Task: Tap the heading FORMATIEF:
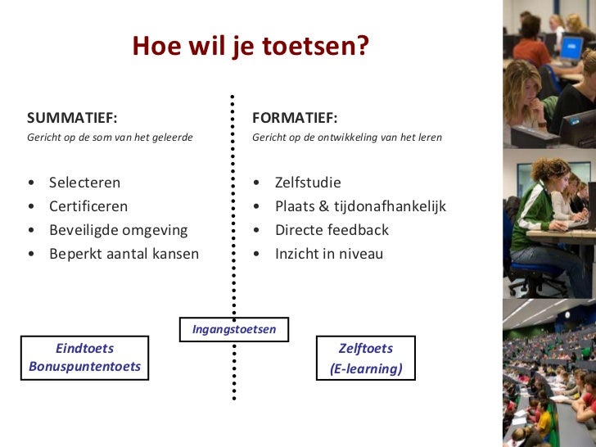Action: click(295, 117)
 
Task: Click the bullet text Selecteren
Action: click(84, 183)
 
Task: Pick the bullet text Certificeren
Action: click(88, 206)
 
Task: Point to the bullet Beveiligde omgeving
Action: click(118, 230)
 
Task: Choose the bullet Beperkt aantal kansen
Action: click(124, 254)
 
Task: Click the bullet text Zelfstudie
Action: click(308, 183)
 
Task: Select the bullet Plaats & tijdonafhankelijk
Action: click(360, 206)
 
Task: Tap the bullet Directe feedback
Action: click(332, 230)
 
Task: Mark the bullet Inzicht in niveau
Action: click(329, 254)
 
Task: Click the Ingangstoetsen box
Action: click(234, 329)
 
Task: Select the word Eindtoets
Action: click(84, 348)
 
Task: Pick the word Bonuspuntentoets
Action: click(84, 366)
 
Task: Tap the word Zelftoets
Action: click(366, 348)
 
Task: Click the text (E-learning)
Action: click(366, 369)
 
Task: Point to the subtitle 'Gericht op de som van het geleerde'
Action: click(110, 138)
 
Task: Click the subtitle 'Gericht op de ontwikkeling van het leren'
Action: click(347, 138)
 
